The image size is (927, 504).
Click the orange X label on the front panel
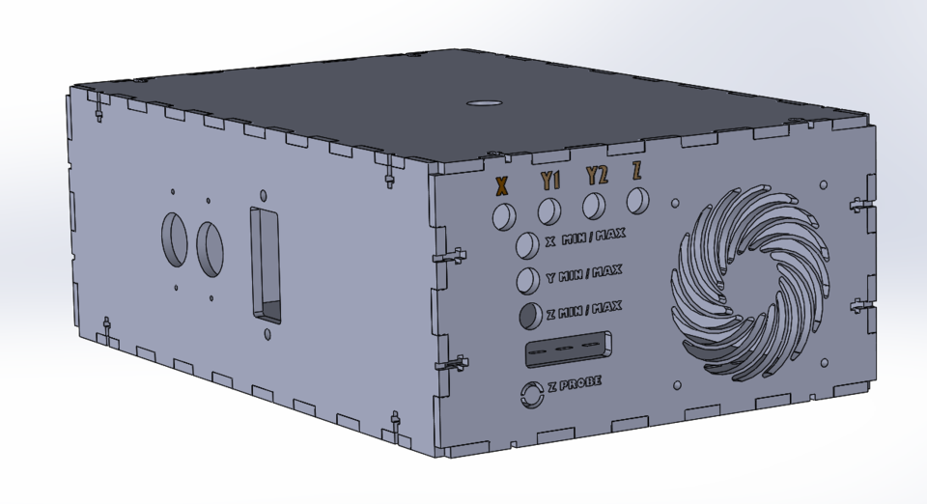pyautogui.click(x=501, y=185)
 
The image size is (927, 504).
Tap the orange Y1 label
pyautogui.click(x=550, y=181)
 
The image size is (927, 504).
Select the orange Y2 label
pyautogui.click(x=597, y=176)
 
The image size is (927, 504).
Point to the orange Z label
pyautogui.click(x=637, y=172)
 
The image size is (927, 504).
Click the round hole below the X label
pyautogui.click(x=504, y=215)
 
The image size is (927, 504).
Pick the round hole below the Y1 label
pyautogui.click(x=549, y=210)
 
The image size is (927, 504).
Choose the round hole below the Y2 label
pyautogui.click(x=594, y=205)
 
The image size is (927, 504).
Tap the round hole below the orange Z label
pyautogui.click(x=637, y=201)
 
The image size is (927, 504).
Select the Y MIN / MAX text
pyautogui.click(x=583, y=273)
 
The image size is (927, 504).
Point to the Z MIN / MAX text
pyautogui.click(x=583, y=309)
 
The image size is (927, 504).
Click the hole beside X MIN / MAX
pyautogui.click(x=527, y=245)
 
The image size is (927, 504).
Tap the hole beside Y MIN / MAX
pyautogui.click(x=527, y=280)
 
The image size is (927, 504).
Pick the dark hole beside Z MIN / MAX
pyautogui.click(x=528, y=315)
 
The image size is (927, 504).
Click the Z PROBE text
pyautogui.click(x=575, y=384)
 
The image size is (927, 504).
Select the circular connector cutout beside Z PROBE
pyautogui.click(x=530, y=394)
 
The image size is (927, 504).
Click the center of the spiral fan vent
pyautogui.click(x=749, y=286)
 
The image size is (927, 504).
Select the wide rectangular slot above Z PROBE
pyautogui.click(x=569, y=350)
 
